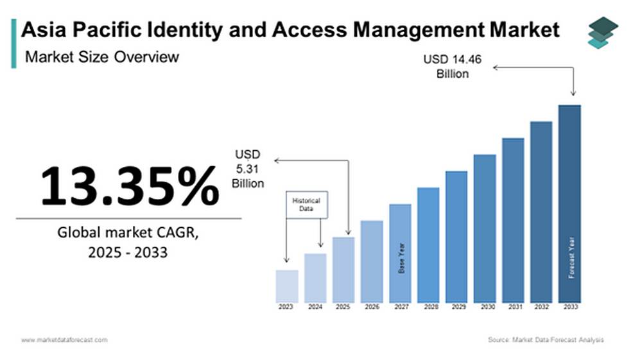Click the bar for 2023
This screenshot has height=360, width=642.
[x=286, y=286]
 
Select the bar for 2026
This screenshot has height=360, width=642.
[x=371, y=262]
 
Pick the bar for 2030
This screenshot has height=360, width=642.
[x=485, y=228]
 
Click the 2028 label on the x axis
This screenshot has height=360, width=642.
[x=428, y=307]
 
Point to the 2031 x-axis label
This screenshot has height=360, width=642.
[x=513, y=307]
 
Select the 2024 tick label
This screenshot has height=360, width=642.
[x=315, y=307]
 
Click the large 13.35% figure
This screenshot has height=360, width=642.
[x=129, y=185]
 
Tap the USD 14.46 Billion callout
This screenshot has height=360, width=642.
[x=453, y=67]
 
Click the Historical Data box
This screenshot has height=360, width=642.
[x=306, y=205]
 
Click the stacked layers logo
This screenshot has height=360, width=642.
[x=603, y=33]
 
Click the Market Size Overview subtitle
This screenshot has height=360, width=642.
[x=102, y=57]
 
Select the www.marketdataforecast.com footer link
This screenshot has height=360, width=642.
[x=64, y=339]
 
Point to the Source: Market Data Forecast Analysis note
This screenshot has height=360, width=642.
[x=545, y=339]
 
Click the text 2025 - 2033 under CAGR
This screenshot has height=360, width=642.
[x=128, y=252]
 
